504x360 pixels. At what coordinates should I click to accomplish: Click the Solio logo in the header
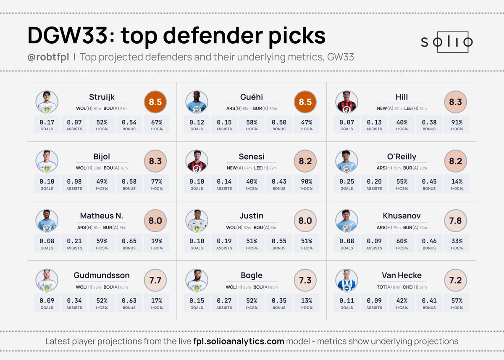(447, 42)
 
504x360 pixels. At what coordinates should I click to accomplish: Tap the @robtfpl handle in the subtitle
(48, 57)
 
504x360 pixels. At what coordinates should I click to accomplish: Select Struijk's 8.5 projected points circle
(155, 102)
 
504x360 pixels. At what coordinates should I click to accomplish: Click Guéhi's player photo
(197, 102)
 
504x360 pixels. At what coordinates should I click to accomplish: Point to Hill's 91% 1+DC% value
(457, 122)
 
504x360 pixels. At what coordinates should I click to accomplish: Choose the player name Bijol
(102, 157)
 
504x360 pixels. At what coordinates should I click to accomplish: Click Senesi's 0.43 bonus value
(279, 182)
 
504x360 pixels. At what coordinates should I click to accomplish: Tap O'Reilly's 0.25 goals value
(346, 182)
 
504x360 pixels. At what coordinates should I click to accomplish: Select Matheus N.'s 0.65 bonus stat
(129, 241)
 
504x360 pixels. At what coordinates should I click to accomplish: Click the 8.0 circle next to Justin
(305, 221)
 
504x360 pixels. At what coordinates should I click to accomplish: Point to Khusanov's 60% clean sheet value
(402, 241)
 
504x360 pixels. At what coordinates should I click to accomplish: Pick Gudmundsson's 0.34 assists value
(74, 301)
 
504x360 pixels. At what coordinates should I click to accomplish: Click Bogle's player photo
(197, 281)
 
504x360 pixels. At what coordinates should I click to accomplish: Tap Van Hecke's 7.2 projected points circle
(455, 281)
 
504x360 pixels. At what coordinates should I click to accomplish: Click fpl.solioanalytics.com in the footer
(239, 342)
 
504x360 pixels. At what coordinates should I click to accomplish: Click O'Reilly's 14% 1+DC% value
(457, 182)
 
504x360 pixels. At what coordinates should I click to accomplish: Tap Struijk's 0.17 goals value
(47, 122)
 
